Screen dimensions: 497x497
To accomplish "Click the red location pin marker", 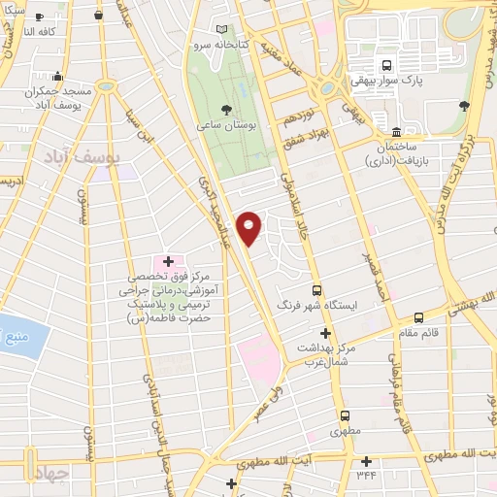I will click(249, 228).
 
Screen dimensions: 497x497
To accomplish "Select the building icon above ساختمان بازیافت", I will click(396, 132).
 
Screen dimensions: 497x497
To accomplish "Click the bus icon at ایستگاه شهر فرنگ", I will click(316, 290).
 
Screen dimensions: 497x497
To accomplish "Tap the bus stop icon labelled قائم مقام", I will click(418, 317).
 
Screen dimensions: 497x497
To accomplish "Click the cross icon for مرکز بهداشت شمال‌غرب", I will click(325, 333).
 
